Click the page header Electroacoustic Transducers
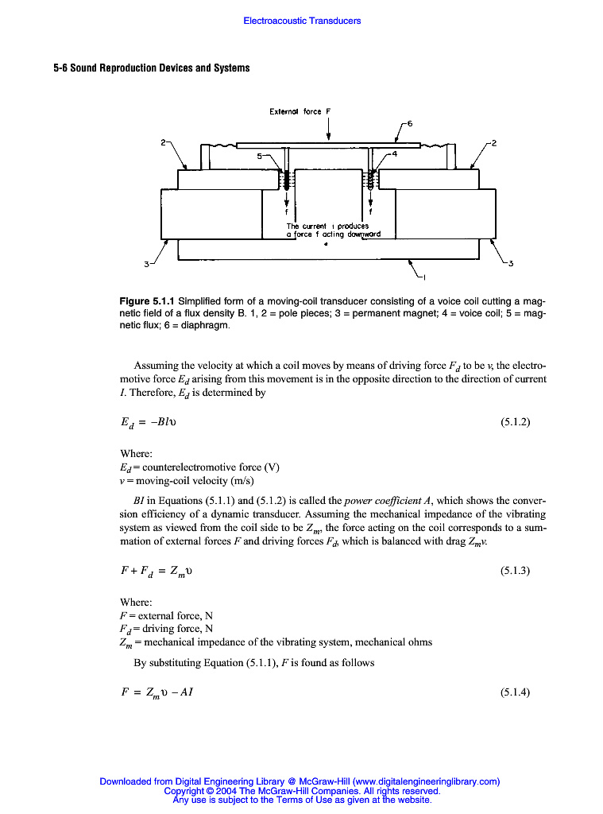click(x=302, y=21)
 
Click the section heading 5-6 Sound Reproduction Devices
click(x=152, y=68)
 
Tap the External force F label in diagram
click(x=295, y=111)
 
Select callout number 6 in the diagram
click(x=410, y=123)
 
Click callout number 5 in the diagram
click(x=259, y=157)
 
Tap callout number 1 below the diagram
click(x=424, y=277)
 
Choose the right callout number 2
click(x=494, y=143)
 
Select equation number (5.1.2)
click(x=515, y=422)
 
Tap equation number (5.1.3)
click(x=515, y=571)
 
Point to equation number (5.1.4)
click(x=515, y=692)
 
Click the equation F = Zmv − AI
click(x=156, y=692)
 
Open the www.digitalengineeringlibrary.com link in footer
click(x=426, y=781)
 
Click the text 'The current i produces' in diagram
click(x=327, y=227)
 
